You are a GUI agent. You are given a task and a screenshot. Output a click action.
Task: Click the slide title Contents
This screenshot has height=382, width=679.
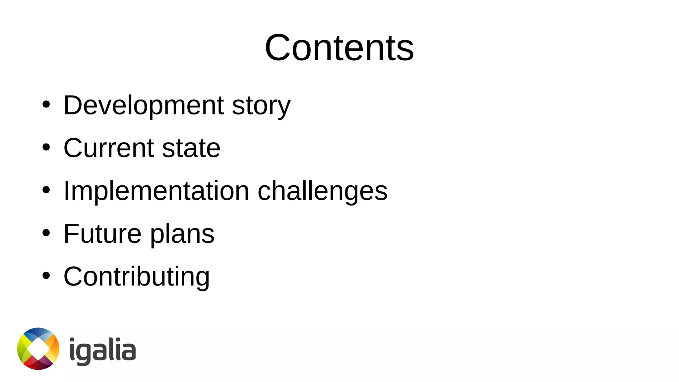pos(339,48)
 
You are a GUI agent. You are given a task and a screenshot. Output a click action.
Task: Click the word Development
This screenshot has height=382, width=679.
pos(144,105)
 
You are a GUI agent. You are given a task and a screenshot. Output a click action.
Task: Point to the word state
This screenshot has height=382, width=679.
pos(191,148)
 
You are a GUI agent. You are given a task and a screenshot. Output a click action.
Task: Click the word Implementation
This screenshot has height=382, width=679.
pos(156,191)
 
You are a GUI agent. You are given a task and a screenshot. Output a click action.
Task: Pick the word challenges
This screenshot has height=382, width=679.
pos(322,191)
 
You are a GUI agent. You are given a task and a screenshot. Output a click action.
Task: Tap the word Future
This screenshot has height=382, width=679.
pos(102,234)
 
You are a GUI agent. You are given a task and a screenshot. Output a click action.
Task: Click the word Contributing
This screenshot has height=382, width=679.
pos(136,277)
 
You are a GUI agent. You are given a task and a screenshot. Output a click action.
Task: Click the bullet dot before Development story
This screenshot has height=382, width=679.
pos(46,105)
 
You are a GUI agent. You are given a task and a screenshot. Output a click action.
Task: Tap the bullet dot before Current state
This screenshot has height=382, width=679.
pos(46,148)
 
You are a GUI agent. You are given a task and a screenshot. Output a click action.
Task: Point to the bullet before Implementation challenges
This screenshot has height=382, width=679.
pos(46,190)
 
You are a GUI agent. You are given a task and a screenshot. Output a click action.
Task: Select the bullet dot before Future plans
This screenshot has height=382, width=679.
pos(46,233)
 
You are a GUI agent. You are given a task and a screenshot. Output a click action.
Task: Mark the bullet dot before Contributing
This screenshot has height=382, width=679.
pos(46,276)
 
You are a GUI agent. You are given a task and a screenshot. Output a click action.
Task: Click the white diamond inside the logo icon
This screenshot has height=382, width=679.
pos(38,349)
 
